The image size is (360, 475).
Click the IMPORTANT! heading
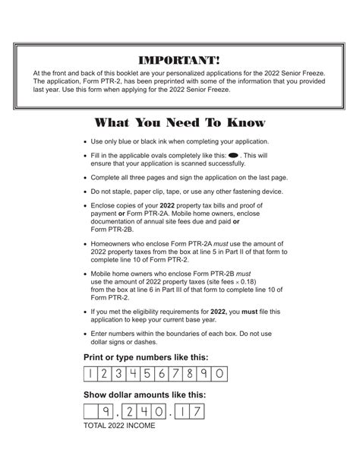click(180, 60)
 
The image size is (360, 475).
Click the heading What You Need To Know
click(179, 123)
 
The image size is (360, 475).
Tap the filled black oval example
click(233, 154)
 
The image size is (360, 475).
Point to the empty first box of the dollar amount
click(91, 413)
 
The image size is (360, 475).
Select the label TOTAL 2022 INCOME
click(119, 426)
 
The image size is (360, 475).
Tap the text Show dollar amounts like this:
click(144, 395)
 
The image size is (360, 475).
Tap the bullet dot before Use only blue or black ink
click(85, 141)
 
